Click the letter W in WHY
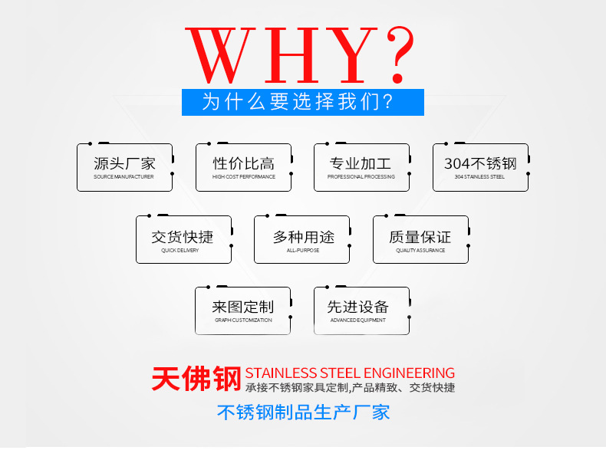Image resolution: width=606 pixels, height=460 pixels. (222, 58)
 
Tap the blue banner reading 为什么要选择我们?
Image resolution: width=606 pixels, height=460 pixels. (302, 102)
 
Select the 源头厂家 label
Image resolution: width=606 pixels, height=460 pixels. (124, 163)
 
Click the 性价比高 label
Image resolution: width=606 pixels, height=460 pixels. (243, 163)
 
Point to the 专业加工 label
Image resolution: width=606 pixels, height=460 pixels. (361, 163)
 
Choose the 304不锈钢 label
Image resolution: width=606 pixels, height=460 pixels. (480, 163)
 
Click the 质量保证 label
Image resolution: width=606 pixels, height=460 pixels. (420, 237)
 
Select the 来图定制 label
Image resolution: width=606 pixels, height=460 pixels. (243, 307)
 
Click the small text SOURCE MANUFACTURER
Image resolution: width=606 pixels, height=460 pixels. (124, 177)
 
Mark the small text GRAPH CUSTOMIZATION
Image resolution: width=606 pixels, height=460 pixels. (243, 320)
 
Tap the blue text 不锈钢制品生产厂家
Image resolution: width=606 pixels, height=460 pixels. (303, 412)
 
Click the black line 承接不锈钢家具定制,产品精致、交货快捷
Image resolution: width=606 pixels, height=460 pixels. (350, 388)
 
